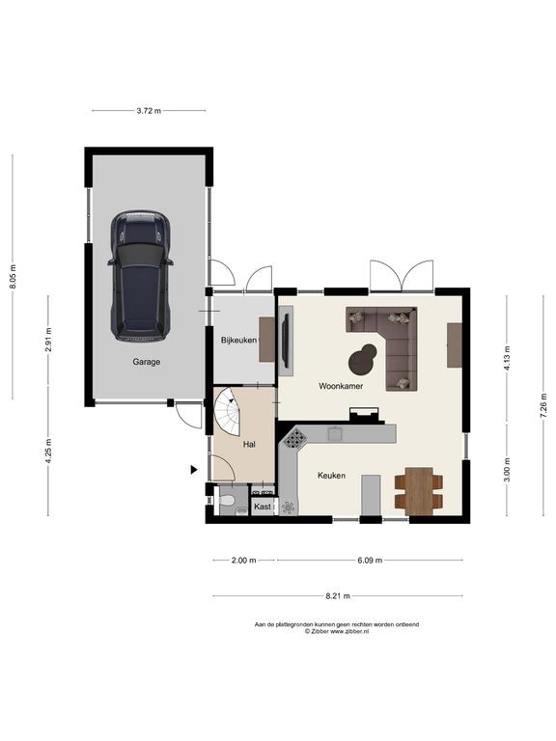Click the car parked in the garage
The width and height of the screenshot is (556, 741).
140,276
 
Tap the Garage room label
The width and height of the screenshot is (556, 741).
146,362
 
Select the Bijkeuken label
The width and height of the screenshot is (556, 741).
238,340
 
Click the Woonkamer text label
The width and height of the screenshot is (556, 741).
341,386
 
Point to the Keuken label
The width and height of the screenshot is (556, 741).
331,476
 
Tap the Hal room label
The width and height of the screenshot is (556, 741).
249,444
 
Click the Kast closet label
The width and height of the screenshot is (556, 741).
263,507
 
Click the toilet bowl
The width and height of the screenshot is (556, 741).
228,501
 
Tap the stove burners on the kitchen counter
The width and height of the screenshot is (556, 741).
295,439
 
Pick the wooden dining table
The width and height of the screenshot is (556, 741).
419,490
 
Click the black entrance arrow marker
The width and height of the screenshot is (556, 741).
194,469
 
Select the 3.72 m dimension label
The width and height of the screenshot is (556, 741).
149,111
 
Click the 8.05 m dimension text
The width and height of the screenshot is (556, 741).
13,277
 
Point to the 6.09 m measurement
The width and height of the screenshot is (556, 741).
370,561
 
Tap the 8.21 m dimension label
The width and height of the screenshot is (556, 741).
338,596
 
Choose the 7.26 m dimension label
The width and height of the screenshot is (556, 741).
543,406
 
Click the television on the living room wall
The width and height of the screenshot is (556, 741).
285,341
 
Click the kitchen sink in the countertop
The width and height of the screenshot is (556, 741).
335,433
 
